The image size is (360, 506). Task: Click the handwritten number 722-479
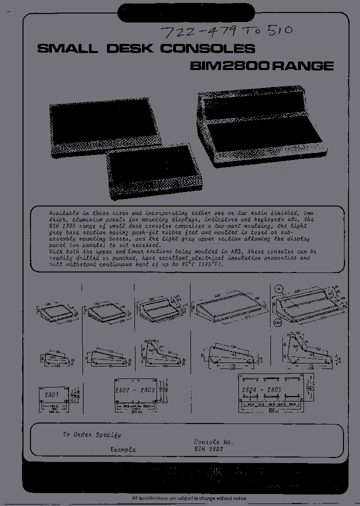[196, 33]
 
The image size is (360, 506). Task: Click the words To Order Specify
[91, 434]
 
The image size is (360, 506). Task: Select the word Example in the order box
[123, 449]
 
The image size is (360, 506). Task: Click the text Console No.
[213, 442]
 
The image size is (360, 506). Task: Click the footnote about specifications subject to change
[188, 498]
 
